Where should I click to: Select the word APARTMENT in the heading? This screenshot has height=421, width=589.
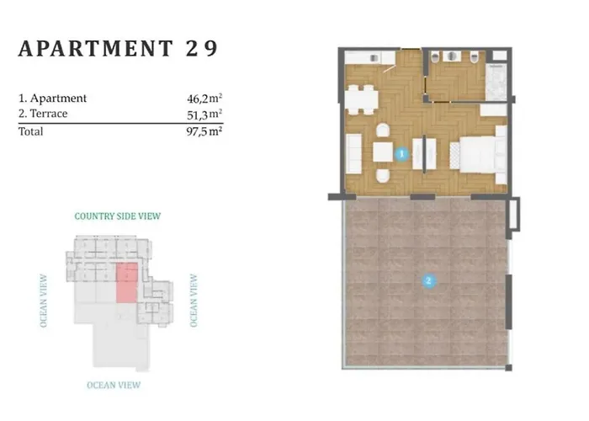click(x=95, y=48)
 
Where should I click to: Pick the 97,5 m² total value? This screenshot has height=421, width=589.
click(x=204, y=131)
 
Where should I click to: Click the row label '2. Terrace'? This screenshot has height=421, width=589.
click(x=43, y=114)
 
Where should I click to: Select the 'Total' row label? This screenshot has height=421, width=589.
click(x=31, y=131)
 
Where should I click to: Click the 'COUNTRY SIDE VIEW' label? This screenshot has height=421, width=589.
click(x=118, y=216)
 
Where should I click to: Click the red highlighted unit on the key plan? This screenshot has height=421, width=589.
click(x=126, y=282)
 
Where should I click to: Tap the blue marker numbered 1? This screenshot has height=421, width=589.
click(x=402, y=155)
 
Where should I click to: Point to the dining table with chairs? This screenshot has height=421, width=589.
click(x=363, y=99)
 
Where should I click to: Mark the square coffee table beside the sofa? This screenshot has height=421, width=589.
click(x=383, y=152)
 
